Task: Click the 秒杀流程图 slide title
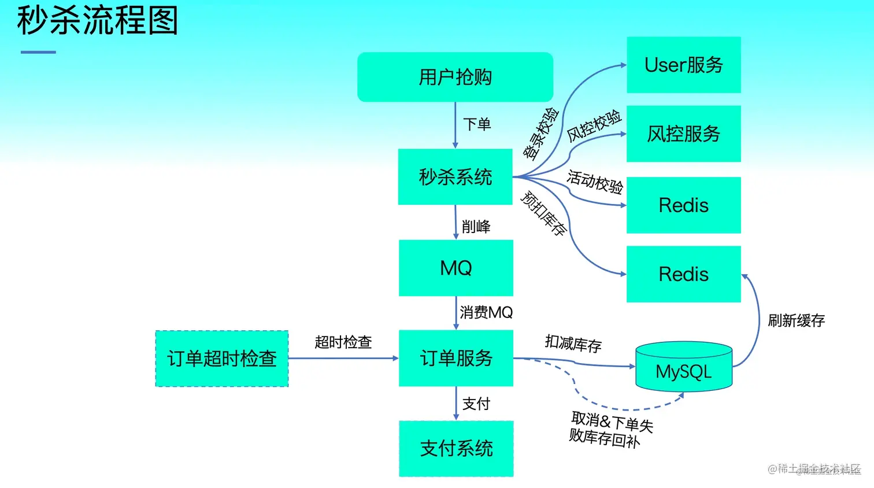click(97, 21)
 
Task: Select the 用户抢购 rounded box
click(455, 77)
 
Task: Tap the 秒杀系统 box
click(455, 177)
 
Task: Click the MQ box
click(455, 268)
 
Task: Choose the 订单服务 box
click(455, 358)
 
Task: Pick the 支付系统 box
click(455, 449)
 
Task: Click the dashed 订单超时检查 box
click(222, 358)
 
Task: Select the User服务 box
click(683, 65)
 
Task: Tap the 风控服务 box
click(683, 134)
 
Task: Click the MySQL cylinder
click(683, 370)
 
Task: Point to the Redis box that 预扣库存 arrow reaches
click(683, 274)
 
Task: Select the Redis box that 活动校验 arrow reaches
click(683, 205)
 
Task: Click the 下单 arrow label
click(477, 124)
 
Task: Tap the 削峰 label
click(476, 227)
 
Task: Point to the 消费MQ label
click(486, 313)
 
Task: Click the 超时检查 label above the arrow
click(343, 342)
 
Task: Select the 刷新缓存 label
click(796, 321)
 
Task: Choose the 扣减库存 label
click(573, 343)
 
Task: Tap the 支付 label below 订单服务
click(476, 404)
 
